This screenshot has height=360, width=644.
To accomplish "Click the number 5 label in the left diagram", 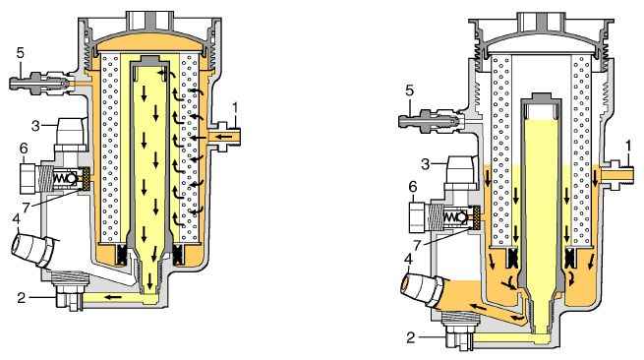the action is (x=20, y=53).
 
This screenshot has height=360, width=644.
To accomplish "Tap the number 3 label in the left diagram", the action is (x=36, y=126).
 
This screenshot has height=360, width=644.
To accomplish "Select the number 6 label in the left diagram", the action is (x=24, y=150).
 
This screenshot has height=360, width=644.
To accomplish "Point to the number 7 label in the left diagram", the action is (x=27, y=208).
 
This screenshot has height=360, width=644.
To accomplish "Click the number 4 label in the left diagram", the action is (x=16, y=219).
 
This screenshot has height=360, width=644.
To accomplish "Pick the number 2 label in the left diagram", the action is (x=22, y=297).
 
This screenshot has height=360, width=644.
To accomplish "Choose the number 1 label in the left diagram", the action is (x=235, y=108).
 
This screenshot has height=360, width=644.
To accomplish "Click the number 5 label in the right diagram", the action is (x=409, y=90).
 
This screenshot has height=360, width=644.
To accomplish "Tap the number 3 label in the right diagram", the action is (x=426, y=164).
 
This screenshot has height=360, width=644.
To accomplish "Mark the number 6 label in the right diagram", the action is (x=413, y=187).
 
